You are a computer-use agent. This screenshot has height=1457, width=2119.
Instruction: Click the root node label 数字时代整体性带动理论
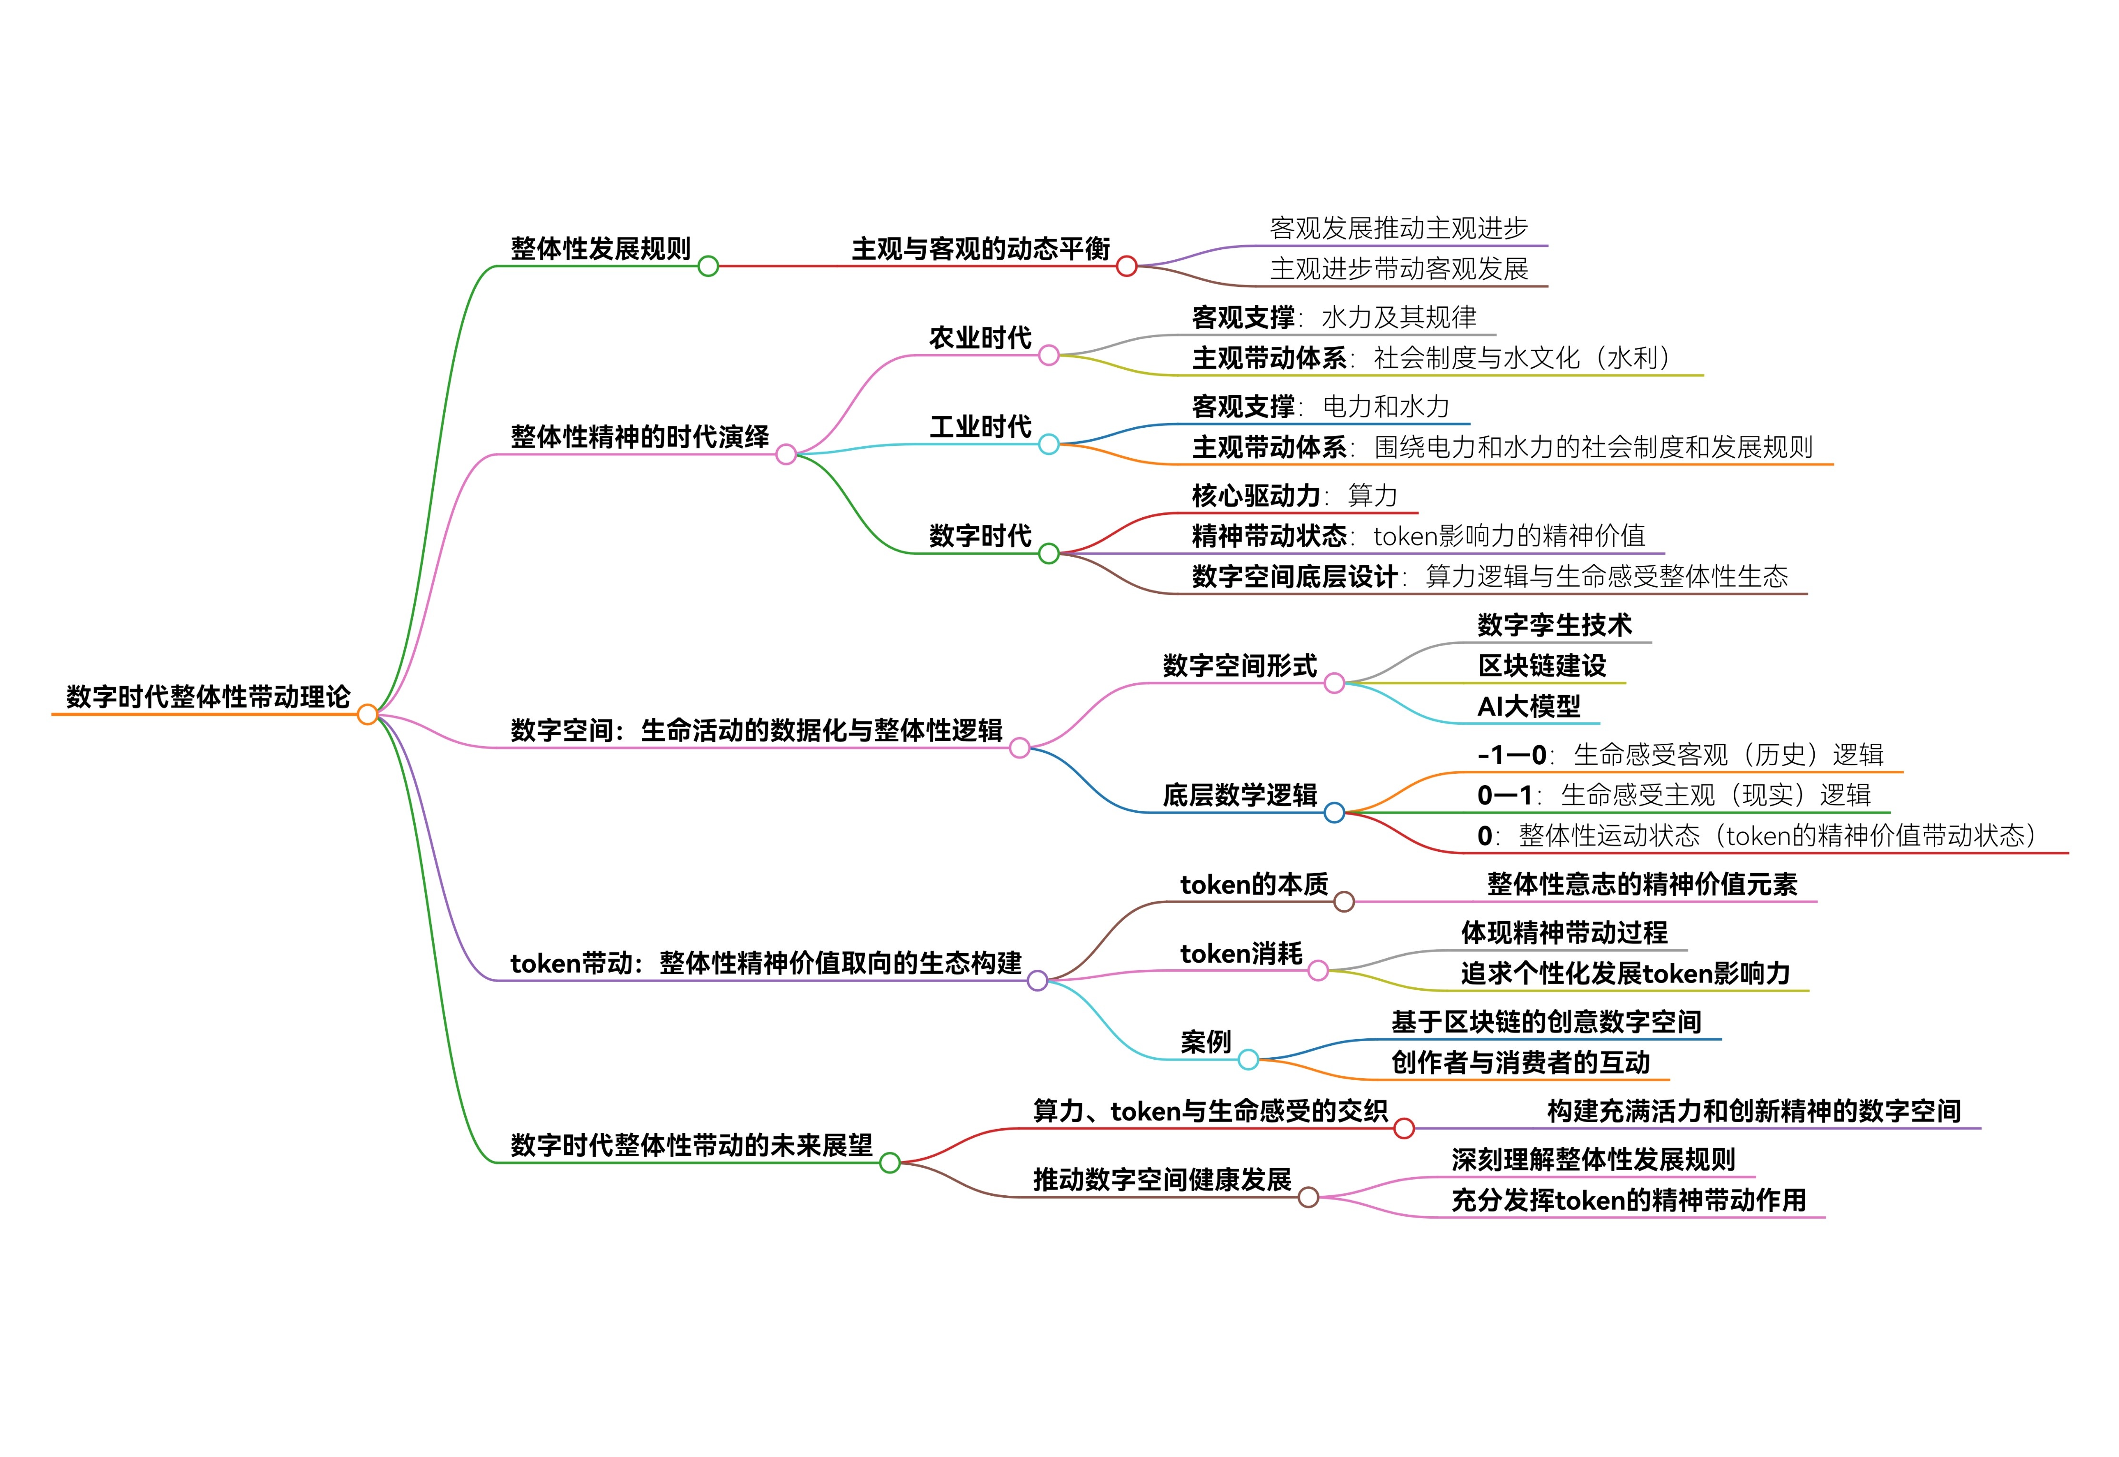coord(208,697)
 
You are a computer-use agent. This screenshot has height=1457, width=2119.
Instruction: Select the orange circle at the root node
coord(367,714)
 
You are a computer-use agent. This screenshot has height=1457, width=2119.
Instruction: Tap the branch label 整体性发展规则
coord(600,248)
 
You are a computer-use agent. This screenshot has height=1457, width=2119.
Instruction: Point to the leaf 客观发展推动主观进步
coord(1399,228)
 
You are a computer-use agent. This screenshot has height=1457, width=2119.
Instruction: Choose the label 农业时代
coord(980,338)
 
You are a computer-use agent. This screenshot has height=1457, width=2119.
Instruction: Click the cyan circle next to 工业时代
coord(1049,444)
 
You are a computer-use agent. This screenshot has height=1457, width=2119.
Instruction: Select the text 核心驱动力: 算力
coord(1294,496)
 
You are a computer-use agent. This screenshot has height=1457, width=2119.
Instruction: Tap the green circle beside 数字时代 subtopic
coord(1049,553)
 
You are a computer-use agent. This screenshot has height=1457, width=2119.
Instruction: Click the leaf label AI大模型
coord(1528,706)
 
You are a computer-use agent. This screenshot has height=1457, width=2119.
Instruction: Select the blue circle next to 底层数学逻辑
coord(1333,813)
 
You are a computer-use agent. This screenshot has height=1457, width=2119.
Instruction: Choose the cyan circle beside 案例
coord(1248,1060)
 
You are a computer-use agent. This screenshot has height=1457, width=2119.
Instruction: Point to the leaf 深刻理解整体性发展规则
coord(1593,1160)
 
